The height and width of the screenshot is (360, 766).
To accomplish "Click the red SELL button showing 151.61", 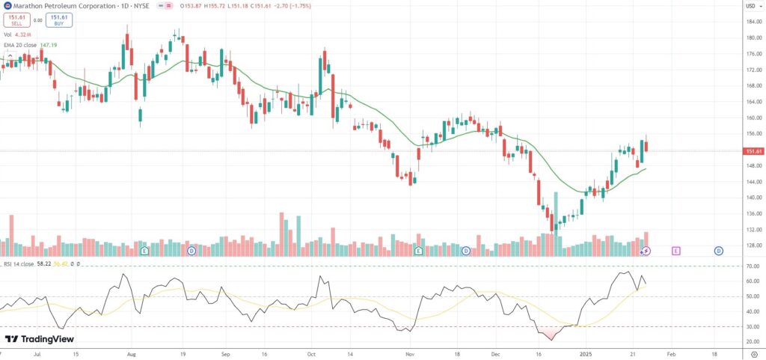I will click(x=16, y=20).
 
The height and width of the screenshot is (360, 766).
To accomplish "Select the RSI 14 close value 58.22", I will click(x=43, y=264).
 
